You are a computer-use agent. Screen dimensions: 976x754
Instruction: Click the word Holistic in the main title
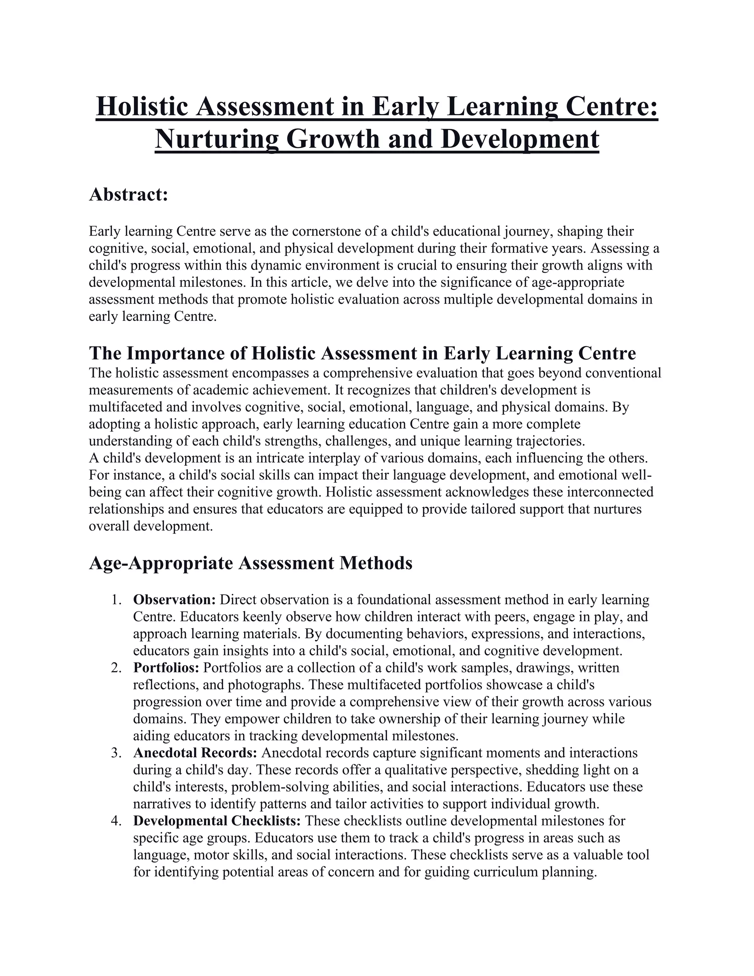142,107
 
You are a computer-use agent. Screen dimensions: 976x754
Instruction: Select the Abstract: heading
128,194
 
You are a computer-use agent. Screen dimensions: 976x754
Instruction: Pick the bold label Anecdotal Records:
195,753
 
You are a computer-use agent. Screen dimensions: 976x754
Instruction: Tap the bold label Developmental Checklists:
218,821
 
